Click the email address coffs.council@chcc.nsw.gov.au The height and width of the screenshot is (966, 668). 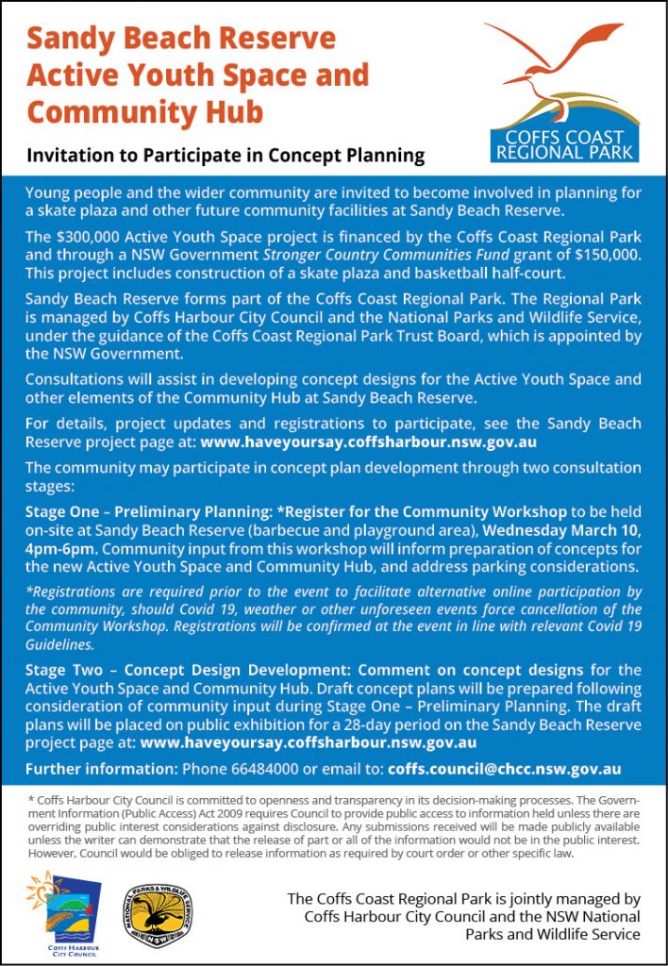click(504, 769)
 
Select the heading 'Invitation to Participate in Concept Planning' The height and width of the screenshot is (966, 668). click(225, 156)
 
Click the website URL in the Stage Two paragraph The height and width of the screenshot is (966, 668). click(308, 741)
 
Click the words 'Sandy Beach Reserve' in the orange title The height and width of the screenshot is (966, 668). click(181, 40)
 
